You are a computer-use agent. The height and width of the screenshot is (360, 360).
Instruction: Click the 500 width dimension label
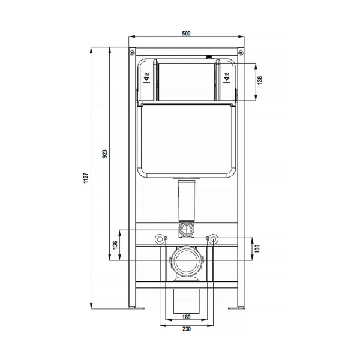(186, 33)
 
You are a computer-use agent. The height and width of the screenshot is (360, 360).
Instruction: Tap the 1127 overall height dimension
(86, 178)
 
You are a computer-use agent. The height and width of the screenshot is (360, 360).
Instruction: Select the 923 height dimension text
(104, 154)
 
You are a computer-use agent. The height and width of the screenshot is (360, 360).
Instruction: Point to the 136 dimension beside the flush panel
(259, 80)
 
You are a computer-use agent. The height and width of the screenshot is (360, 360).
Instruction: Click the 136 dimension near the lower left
(115, 245)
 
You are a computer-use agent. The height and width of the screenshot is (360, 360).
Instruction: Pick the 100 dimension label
(257, 248)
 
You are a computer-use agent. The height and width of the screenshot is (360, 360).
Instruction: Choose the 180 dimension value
(186, 317)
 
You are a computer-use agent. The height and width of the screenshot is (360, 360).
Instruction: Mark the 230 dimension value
(187, 329)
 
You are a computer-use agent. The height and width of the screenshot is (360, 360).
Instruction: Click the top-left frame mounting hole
(132, 53)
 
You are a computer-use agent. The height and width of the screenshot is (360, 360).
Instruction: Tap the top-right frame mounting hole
(241, 53)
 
